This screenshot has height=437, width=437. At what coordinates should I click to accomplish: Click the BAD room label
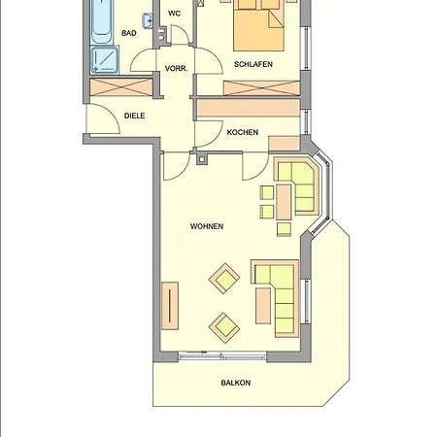pos(128,33)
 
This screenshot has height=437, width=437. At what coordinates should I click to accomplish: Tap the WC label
pos(175,14)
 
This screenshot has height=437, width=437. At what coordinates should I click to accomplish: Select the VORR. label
pos(176,68)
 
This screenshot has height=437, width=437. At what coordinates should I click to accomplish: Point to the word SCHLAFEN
pos(252,64)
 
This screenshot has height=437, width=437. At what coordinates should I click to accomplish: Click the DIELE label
pos(135,117)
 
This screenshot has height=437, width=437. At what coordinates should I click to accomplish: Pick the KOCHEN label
pos(243,132)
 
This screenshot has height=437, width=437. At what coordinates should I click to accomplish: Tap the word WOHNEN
pos(207,226)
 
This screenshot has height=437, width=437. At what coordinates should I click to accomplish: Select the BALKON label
pos(236,383)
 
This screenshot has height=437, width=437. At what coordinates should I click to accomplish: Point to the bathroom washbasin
pos(148,20)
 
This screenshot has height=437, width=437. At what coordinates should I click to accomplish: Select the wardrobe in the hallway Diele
pos(121,86)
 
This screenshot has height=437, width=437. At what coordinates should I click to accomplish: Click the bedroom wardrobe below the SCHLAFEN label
pos(256,87)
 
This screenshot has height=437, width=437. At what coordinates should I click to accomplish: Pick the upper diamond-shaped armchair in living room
pos(226,280)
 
